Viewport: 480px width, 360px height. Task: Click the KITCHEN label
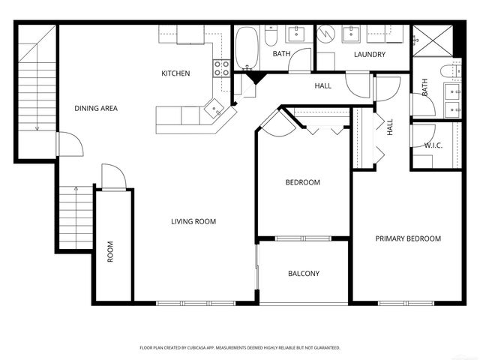pos(175,73)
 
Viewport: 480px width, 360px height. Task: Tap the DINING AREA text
pos(96,108)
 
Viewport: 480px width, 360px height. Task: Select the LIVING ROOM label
pos(193,221)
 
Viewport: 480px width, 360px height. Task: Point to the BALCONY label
pos(304,274)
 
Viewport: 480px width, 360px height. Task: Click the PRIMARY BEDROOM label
pos(408,238)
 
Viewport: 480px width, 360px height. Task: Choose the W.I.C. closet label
pos(433,145)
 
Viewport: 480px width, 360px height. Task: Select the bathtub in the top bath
pos(247,46)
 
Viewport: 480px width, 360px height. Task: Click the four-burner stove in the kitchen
pos(222,69)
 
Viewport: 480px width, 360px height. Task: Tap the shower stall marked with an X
pos(433,39)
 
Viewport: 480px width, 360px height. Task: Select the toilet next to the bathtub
pos(271,35)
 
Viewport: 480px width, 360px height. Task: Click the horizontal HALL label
pos(323,86)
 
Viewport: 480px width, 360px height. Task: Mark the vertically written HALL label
pos(390,127)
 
